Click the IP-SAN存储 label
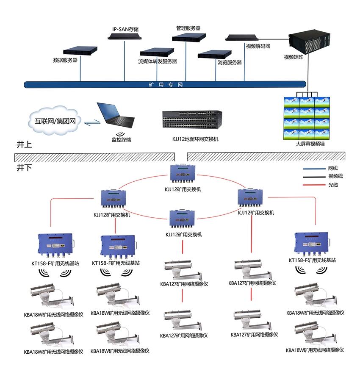tap(125, 30)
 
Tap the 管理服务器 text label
tap(188, 28)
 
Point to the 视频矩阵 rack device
tap(309, 42)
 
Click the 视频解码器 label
tap(258, 46)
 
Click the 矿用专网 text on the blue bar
tap(166, 85)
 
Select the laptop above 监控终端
tap(116, 115)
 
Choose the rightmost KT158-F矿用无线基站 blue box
tap(312, 244)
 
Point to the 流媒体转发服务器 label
tap(158, 61)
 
